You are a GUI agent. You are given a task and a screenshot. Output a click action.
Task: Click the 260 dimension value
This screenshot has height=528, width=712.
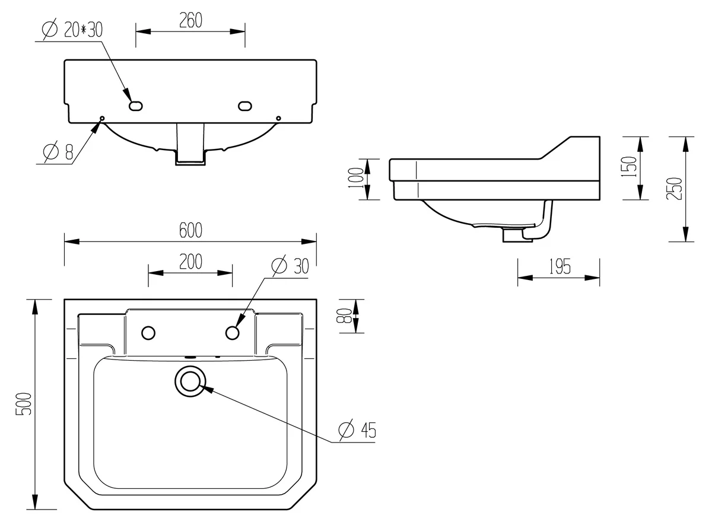click(190, 21)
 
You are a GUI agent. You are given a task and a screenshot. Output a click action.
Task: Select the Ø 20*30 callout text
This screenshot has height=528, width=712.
click(72, 30)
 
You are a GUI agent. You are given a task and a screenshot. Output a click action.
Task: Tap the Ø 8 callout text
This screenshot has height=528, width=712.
click(58, 151)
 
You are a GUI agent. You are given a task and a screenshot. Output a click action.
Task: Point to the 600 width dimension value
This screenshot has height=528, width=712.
click(190, 230)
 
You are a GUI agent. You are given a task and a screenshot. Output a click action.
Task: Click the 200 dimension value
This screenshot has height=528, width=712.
click(190, 262)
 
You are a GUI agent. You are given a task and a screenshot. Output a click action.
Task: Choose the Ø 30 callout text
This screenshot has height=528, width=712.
click(290, 265)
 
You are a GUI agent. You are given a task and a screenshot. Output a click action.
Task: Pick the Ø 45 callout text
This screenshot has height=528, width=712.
click(357, 430)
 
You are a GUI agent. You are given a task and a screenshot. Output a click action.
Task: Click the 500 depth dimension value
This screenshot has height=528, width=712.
click(24, 404)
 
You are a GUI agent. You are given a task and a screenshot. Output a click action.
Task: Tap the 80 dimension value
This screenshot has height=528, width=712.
click(344, 316)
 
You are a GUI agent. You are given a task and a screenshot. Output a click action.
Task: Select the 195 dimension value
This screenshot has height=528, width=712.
click(560, 266)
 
